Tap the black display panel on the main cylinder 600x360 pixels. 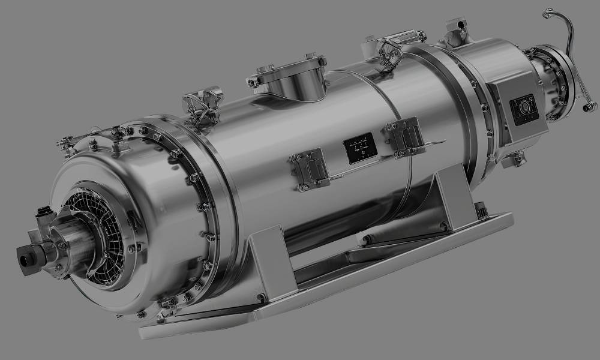pyautogui.click(x=359, y=147)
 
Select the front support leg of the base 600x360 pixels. pyautogui.click(x=270, y=264)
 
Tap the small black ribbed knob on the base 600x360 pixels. pyautogui.click(x=480, y=209)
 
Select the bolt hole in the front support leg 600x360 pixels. pyautogui.click(x=261, y=298)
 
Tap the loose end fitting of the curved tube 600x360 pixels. pyautogui.click(x=590, y=106)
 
